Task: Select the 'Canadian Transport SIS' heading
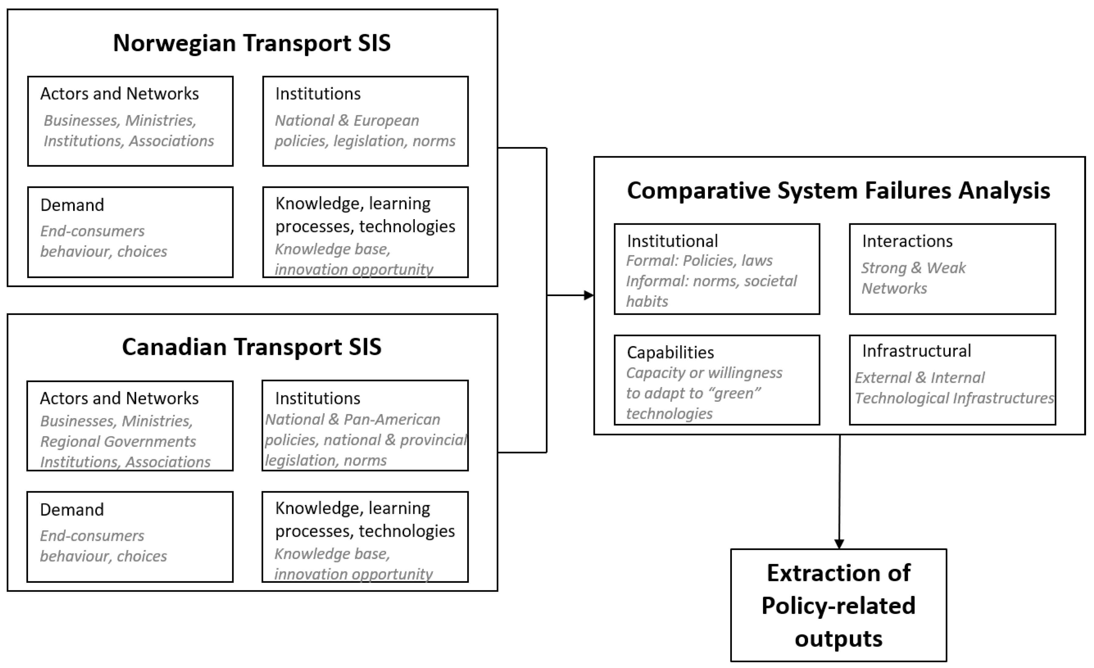point(252,347)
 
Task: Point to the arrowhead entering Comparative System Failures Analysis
point(589,295)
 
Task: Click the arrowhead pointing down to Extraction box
point(839,544)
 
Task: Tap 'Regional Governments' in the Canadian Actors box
point(118,441)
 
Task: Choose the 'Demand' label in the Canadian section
point(72,510)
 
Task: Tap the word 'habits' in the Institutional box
point(647,302)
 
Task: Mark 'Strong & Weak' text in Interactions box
point(913,268)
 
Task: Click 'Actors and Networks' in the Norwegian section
point(119,94)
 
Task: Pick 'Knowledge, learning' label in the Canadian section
point(352,508)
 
